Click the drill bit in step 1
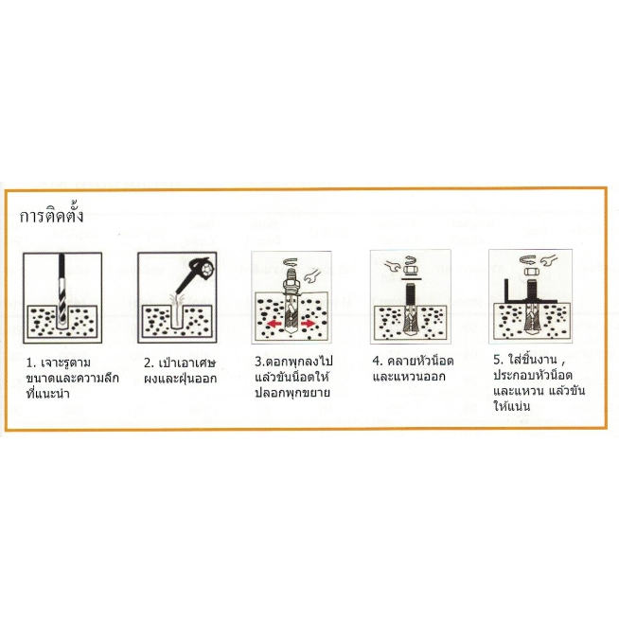tap(62, 290)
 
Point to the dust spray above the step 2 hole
tap(176, 302)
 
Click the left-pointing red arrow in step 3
tap(274, 324)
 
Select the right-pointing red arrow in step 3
tap(308, 324)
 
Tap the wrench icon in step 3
tap(312, 276)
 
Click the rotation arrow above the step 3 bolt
tap(292, 262)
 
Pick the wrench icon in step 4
tap(393, 266)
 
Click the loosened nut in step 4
tap(410, 270)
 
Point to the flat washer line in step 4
tap(411, 279)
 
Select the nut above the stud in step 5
tap(530, 272)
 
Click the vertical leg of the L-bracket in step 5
tap(506, 291)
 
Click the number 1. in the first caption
tap(31, 363)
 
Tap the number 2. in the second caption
tap(149, 363)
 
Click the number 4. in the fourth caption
tap(378, 361)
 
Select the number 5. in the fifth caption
tap(498, 360)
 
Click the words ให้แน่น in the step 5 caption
tap(512, 405)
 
